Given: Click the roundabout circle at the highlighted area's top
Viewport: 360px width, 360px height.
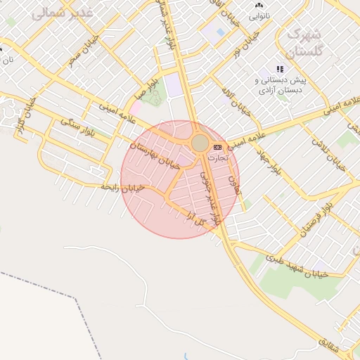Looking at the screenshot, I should (x=200, y=143).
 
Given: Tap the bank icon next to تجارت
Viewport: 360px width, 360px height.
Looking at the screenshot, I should (x=217, y=147).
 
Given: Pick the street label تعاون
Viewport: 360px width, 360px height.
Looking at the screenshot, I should (x=233, y=184).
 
